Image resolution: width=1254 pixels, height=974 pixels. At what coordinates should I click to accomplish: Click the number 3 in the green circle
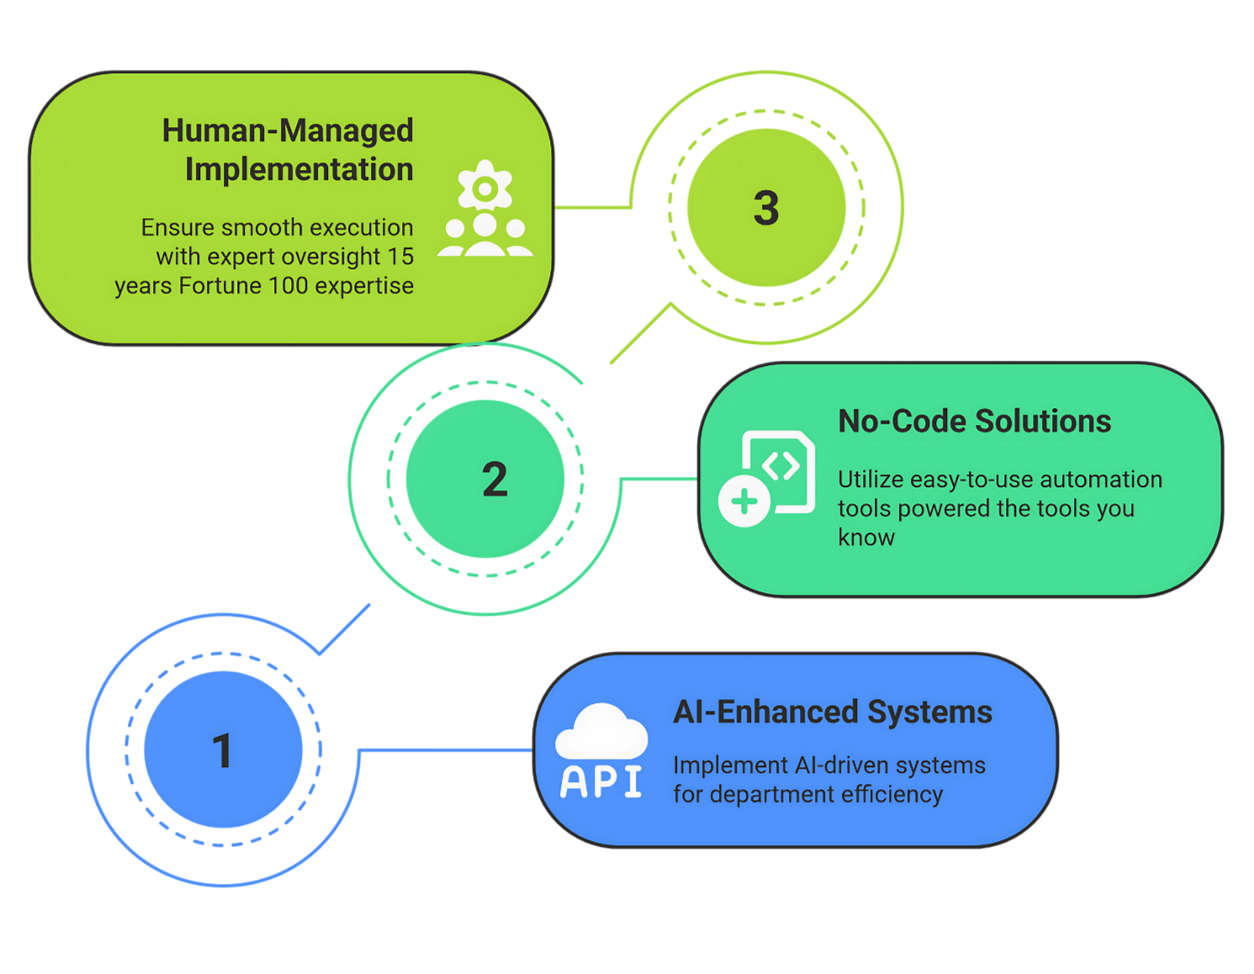[766, 208]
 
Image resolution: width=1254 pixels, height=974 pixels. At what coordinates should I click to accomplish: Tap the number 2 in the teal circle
[495, 479]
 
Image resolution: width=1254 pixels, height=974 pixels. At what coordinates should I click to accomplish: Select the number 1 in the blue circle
[222, 751]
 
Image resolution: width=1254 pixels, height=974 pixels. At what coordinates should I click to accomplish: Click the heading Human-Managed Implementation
[288, 150]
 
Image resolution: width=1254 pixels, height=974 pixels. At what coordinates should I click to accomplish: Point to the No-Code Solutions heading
[974, 421]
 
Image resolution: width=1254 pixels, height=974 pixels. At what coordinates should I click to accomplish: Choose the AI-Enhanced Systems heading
[832, 712]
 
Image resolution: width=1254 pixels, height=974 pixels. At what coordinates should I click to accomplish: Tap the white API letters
[601, 782]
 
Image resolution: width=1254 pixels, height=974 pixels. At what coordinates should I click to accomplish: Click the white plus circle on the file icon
[744, 502]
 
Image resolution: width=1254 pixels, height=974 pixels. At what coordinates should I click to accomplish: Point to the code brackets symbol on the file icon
[780, 465]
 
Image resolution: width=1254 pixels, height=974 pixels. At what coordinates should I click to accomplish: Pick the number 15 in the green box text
[400, 257]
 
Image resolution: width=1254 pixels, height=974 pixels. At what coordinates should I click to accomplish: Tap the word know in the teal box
[866, 537]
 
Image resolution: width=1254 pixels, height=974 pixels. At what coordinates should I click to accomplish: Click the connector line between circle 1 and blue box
[446, 749]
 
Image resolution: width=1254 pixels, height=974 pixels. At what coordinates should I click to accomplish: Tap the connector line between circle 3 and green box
[593, 206]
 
